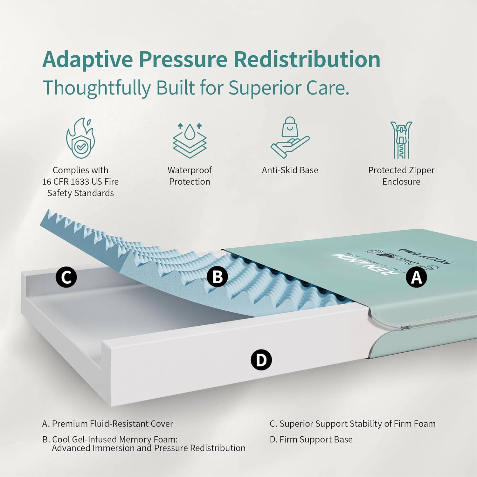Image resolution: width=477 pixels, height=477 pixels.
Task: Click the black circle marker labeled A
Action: [416, 277]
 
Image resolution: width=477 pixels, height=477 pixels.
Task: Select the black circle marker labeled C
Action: [66, 277]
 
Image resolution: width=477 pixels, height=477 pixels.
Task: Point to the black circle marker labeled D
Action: [261, 360]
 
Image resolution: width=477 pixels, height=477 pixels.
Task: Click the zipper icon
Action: [401, 140]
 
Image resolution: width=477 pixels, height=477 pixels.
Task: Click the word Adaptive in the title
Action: [87, 60]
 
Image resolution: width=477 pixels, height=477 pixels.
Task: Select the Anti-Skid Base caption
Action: [290, 170]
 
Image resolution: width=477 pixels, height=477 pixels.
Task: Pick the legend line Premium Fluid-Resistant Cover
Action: [108, 424]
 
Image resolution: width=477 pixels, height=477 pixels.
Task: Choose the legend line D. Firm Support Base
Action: [311, 439]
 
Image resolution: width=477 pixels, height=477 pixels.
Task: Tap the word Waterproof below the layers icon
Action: [190, 170]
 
